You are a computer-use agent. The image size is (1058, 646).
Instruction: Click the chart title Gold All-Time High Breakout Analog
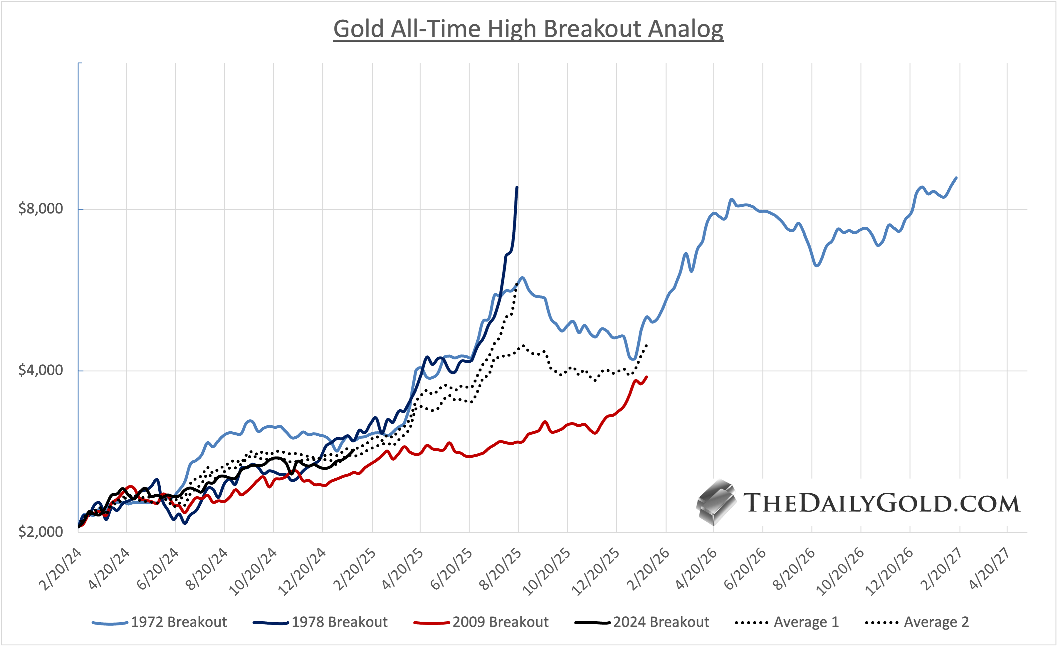coord(528,29)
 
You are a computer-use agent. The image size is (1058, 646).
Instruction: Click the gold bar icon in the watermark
coord(716,502)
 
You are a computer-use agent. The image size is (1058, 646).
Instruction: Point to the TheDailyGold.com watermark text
coord(881,503)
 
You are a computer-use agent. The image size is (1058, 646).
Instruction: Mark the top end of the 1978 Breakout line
coord(517,187)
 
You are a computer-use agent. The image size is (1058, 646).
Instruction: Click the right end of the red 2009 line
coord(647,377)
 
